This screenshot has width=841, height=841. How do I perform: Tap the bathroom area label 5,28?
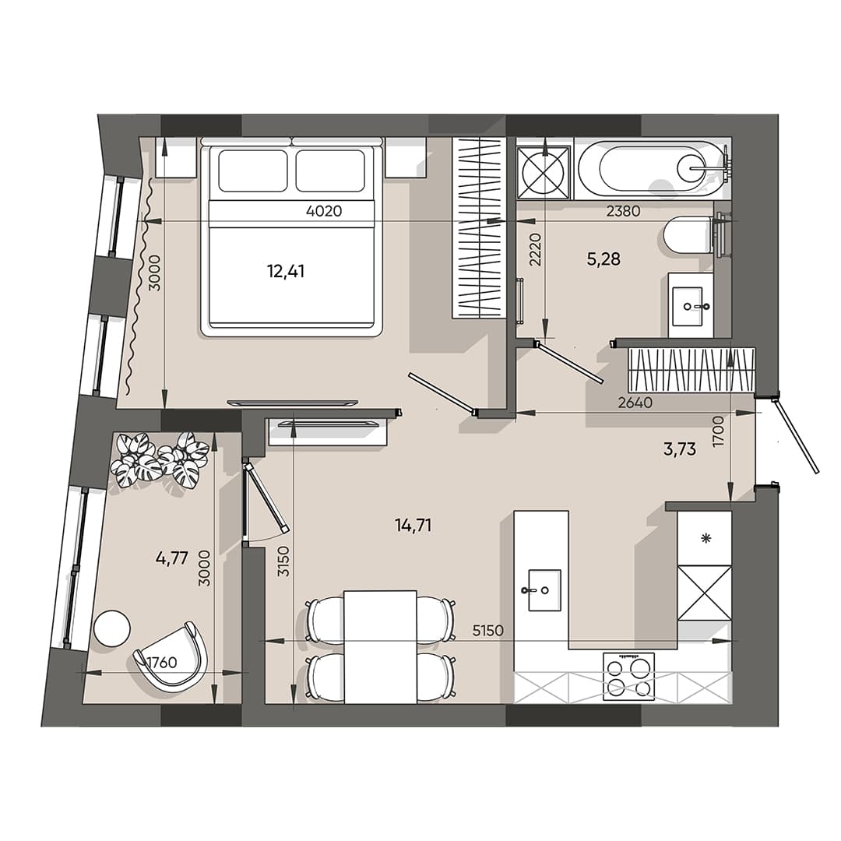603,259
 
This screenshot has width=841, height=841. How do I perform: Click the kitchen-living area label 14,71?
413,526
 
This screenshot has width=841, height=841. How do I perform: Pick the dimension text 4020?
325,210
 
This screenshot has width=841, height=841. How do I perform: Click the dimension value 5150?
489,630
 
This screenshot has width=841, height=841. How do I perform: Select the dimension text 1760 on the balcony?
161,663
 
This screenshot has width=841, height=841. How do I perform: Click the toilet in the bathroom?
688,234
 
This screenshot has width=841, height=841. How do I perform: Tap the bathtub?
662,168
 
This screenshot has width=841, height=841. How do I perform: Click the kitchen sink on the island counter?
544,589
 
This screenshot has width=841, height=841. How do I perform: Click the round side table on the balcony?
111,628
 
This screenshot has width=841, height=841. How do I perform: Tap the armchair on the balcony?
173,656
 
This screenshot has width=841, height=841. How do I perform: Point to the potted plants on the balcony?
160,460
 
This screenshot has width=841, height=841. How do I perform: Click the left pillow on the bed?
252,171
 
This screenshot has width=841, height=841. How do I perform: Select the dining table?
380,646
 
